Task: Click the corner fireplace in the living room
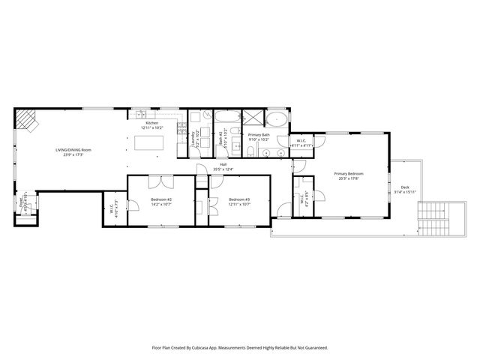tap(28, 119)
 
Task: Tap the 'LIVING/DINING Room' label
tap(73, 151)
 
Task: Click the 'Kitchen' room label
tap(152, 124)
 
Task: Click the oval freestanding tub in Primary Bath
tap(277, 118)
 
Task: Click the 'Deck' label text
tap(405, 189)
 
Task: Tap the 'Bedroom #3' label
tap(239, 201)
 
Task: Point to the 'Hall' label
tap(223, 166)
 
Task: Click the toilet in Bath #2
tap(227, 147)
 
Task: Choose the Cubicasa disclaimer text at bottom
tap(240, 348)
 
